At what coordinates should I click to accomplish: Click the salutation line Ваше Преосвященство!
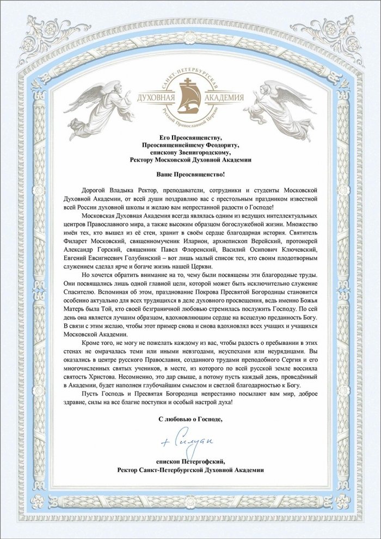pyautogui.click(x=190, y=175)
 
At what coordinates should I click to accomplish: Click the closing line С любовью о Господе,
pyautogui.click(x=190, y=419)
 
